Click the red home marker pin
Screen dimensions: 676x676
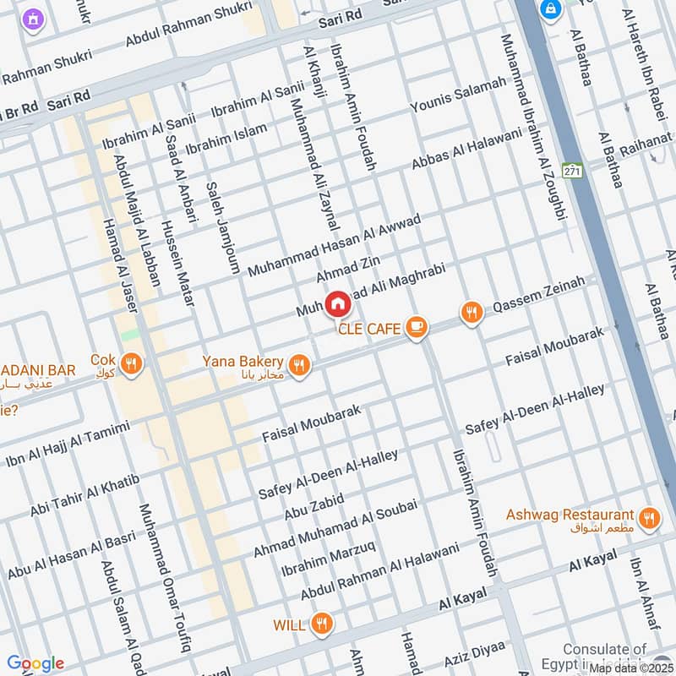tap(337, 303)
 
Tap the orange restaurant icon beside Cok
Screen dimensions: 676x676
tap(131, 364)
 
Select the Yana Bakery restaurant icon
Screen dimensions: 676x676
tap(297, 365)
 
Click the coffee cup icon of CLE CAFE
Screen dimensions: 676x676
tap(415, 327)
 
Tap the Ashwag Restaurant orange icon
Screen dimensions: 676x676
tap(649, 517)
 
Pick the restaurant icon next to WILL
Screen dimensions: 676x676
tap(320, 624)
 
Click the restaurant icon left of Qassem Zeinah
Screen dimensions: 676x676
tap(472, 313)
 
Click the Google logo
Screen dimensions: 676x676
tap(35, 663)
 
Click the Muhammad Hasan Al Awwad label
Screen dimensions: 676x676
tap(334, 245)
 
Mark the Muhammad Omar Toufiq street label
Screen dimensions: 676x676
tap(164, 578)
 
